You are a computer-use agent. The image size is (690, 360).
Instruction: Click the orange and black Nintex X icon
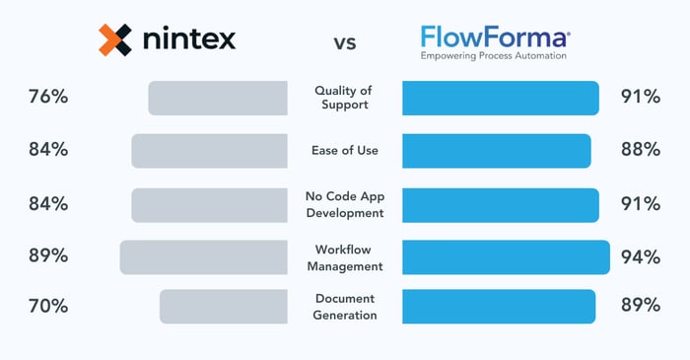pyautogui.click(x=115, y=39)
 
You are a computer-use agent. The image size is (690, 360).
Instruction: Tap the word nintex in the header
pyautogui.click(x=187, y=40)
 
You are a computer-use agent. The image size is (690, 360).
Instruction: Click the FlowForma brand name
pyautogui.click(x=494, y=37)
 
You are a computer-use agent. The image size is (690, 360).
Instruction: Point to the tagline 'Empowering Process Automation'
pyautogui.click(x=494, y=57)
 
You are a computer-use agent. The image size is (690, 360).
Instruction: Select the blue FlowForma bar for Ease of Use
pyautogui.click(x=497, y=151)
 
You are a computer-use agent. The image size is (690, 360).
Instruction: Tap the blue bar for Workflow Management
pyautogui.click(x=506, y=256)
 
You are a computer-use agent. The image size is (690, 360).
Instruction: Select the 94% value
pyautogui.click(x=640, y=256)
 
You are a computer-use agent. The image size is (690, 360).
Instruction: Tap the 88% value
pyautogui.click(x=640, y=150)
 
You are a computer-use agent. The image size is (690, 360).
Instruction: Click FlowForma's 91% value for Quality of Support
pyautogui.click(x=640, y=97)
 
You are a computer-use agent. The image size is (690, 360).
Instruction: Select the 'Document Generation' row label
pyautogui.click(x=345, y=306)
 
